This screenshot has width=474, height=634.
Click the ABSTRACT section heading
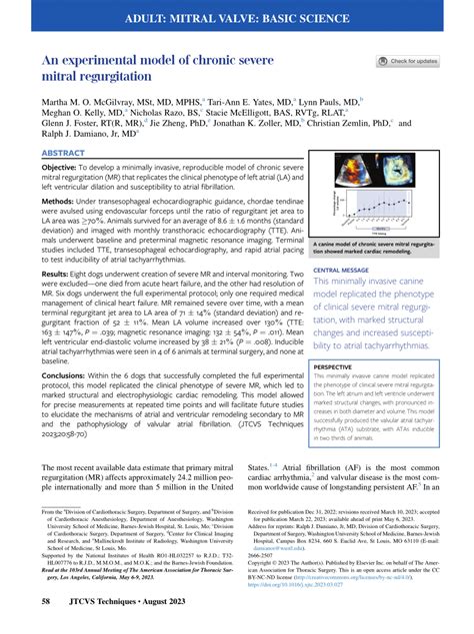coord(65,153)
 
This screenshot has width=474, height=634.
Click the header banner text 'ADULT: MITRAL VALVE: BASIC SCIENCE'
coord(237,19)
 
